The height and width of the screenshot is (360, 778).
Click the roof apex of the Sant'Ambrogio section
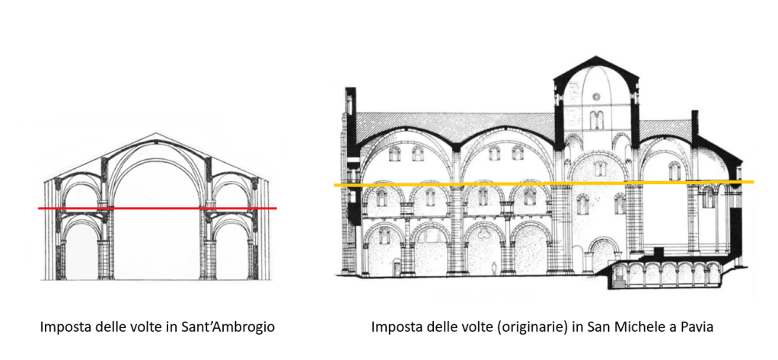pyautogui.click(x=155, y=134)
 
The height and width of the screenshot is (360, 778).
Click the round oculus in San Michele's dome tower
pyautogui.click(x=596, y=97)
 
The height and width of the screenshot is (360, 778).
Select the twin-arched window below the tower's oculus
pyautogui.click(x=596, y=119)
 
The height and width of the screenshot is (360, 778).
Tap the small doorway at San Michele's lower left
pyautogui.click(x=397, y=266)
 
